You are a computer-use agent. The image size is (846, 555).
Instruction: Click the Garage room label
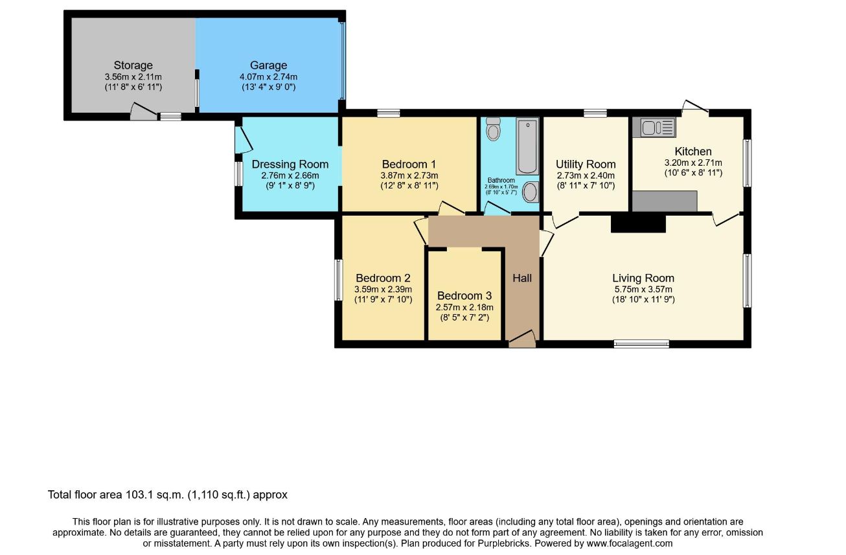click(x=269, y=65)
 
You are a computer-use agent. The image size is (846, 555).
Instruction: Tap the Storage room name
click(x=133, y=65)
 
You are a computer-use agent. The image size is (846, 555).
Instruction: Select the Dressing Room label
click(x=290, y=164)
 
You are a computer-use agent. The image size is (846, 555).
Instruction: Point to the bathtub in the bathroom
click(x=528, y=146)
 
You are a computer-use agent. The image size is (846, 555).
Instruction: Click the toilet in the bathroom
click(x=493, y=128)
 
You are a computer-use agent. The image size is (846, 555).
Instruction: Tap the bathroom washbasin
click(x=531, y=192)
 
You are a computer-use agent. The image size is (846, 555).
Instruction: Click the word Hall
click(x=522, y=278)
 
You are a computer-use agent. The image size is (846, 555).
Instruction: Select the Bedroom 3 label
click(x=464, y=295)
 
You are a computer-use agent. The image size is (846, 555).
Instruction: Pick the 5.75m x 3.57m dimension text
click(x=643, y=289)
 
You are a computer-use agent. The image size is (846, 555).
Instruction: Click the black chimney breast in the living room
click(x=638, y=223)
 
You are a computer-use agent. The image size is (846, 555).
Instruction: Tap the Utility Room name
click(x=586, y=164)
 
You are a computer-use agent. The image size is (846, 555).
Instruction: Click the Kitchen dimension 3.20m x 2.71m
click(x=693, y=163)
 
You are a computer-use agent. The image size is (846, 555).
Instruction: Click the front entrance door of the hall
click(x=522, y=339)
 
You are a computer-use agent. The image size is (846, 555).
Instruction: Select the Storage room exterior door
click(x=144, y=112)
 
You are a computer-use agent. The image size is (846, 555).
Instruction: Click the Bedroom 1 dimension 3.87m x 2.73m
click(x=409, y=176)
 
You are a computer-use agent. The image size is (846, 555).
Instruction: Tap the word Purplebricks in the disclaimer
click(x=505, y=543)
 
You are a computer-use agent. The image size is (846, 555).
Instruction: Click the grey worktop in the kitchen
click(x=665, y=201)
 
